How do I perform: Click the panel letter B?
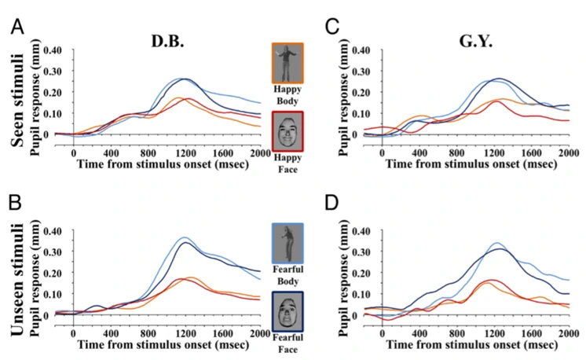click(x=14, y=209)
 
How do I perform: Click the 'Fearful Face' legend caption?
click(x=288, y=346)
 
